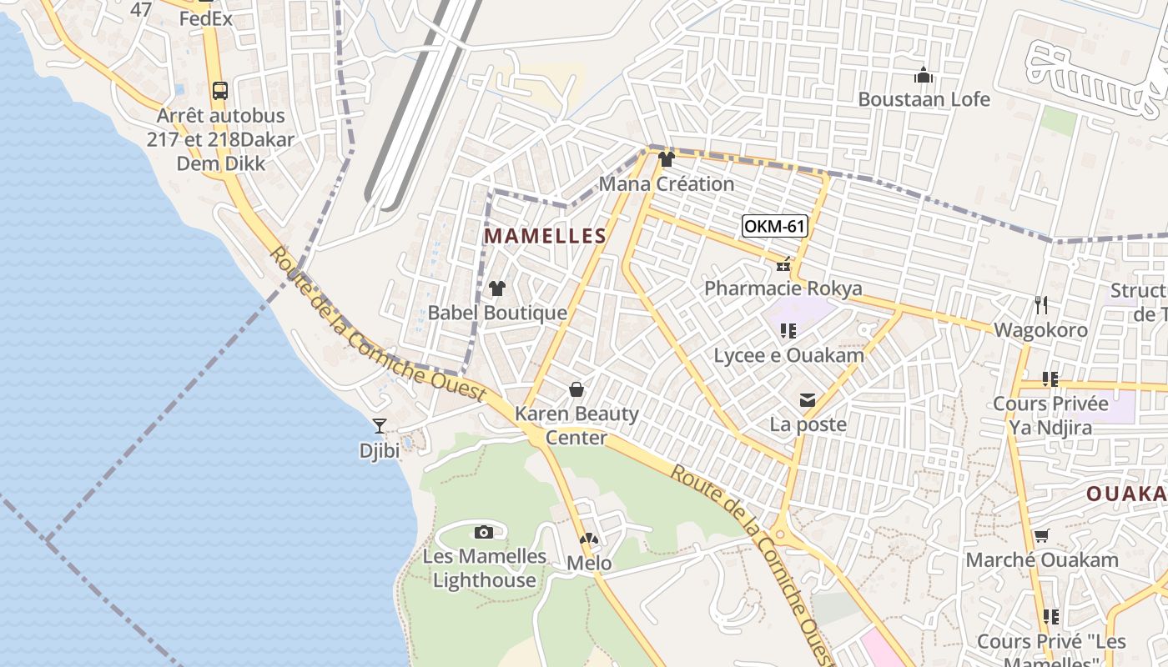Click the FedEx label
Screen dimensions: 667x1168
pyautogui.click(x=205, y=18)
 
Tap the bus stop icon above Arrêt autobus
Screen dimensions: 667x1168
pyautogui.click(x=220, y=91)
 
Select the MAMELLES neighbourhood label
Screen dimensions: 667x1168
pyautogui.click(x=545, y=236)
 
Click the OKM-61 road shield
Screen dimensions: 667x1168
pyautogui.click(x=775, y=226)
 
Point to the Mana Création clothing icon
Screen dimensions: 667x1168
pyautogui.click(x=666, y=159)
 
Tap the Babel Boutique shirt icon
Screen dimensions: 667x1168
pyautogui.click(x=497, y=288)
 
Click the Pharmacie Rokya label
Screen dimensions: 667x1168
pyautogui.click(x=783, y=288)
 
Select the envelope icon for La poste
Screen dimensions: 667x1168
pyautogui.click(x=808, y=401)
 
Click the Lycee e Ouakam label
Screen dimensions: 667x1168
pyautogui.click(x=788, y=355)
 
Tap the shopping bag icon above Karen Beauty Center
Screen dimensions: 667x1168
pyautogui.click(x=576, y=389)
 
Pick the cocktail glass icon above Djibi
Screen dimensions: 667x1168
pyautogui.click(x=380, y=426)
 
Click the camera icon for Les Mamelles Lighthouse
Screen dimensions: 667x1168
pyautogui.click(x=483, y=532)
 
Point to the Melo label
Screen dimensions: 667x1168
pyautogui.click(x=589, y=564)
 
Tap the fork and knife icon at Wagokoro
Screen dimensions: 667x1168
pyautogui.click(x=1040, y=305)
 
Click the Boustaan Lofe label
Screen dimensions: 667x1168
pyautogui.click(x=924, y=99)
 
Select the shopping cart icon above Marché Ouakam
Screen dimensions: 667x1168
pyautogui.click(x=1041, y=535)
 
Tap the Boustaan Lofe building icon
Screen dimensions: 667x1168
pyautogui.click(x=924, y=75)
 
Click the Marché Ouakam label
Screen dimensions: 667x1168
pyautogui.click(x=1042, y=559)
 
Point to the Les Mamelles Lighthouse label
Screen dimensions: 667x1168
pyautogui.click(x=485, y=568)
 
